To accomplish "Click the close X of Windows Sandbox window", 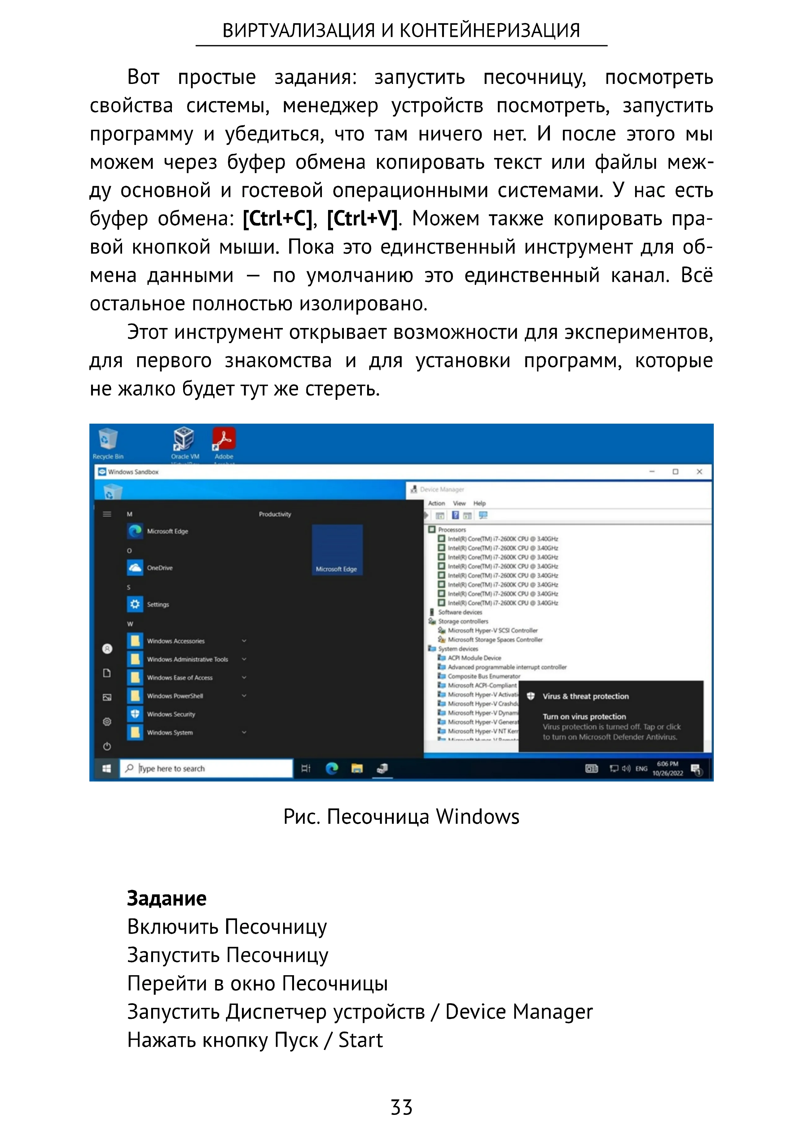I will [699, 472].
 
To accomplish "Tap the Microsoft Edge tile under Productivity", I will [337, 550].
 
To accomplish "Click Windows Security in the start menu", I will [171, 714].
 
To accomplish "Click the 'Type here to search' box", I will [208, 768].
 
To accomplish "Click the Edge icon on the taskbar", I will [332, 768].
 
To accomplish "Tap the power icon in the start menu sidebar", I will [107, 746].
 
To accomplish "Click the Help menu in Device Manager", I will [479, 503].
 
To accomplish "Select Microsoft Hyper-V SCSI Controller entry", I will [493, 630].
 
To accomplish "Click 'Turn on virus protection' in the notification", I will [584, 716].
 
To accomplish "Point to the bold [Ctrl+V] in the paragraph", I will [362, 219].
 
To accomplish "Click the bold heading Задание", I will [167, 898].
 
